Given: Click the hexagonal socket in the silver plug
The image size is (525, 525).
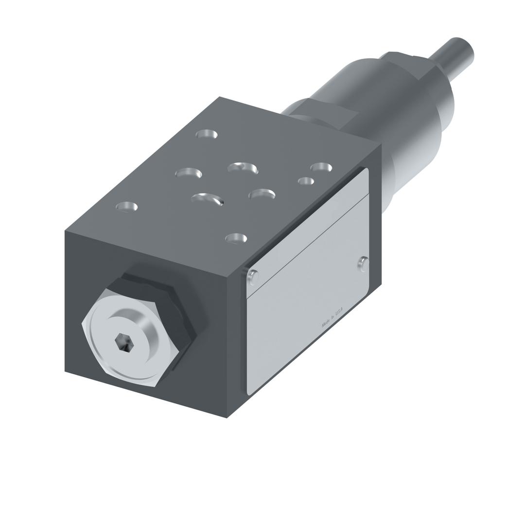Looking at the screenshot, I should click(124, 343).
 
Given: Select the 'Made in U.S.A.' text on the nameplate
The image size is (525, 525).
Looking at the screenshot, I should click(332, 317).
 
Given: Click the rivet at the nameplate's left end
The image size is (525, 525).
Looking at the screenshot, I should click(253, 277).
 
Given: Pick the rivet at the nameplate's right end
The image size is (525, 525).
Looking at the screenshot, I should click(363, 264).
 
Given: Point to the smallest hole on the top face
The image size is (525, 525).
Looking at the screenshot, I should click(306, 181).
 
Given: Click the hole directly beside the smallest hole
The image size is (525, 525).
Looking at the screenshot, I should click(321, 167).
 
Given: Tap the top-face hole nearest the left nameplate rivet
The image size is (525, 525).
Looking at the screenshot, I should click(236, 238).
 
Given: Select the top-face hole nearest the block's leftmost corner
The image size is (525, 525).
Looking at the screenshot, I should click(126, 207).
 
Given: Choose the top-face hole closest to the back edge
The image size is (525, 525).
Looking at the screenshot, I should click(207, 134).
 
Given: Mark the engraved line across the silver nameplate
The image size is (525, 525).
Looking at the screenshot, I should click(307, 245).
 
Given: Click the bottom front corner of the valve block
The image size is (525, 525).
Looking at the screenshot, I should click(227, 417).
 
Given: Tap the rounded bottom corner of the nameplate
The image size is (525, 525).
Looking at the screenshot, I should click(250, 391).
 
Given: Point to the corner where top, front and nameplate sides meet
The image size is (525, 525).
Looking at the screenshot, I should click(227, 277).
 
